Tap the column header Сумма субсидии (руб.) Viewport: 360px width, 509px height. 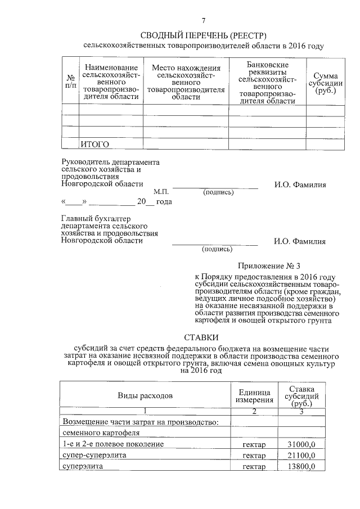point(325,82)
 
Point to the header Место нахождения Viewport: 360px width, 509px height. point(186,68)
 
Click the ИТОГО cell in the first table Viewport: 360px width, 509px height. point(94,144)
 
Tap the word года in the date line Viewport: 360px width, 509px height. point(164,202)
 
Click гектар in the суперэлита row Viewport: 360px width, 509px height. point(254,467)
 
